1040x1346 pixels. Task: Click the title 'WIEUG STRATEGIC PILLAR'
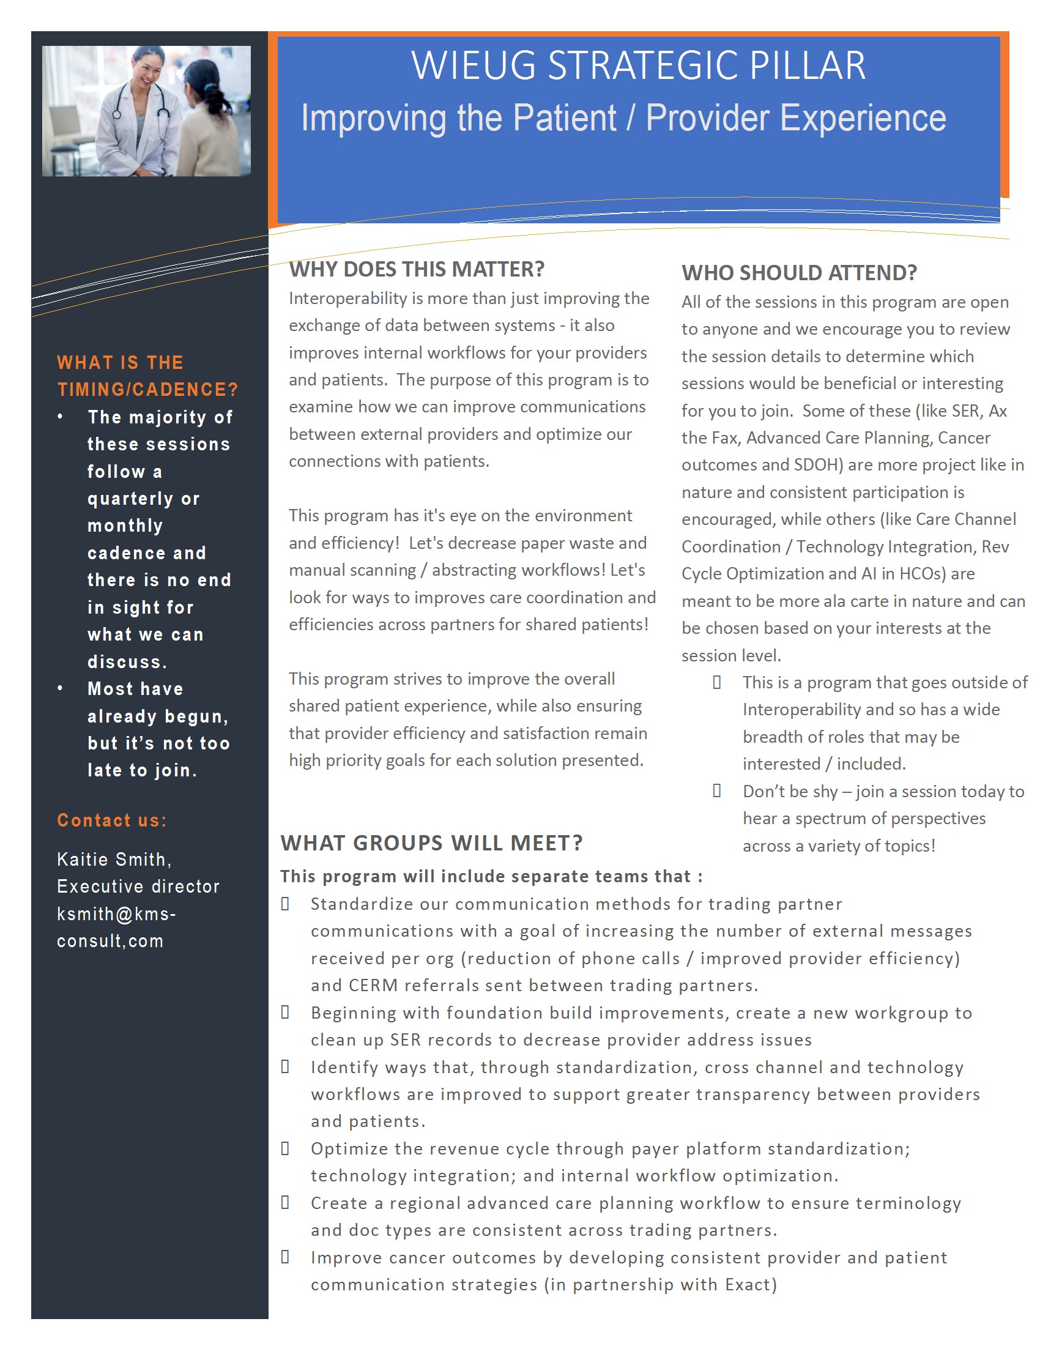pos(638,65)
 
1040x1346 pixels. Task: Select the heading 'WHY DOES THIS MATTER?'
pos(417,269)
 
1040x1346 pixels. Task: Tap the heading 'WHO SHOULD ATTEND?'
pos(799,272)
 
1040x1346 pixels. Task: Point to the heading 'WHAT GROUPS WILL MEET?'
pos(431,842)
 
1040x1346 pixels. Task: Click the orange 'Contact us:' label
pos(111,820)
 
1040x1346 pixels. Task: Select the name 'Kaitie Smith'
pos(113,859)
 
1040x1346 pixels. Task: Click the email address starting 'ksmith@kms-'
pos(116,913)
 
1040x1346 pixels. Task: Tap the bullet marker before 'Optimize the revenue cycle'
pos(285,1148)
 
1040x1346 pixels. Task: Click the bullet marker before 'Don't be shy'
pos(716,790)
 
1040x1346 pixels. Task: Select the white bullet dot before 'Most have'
pos(60,688)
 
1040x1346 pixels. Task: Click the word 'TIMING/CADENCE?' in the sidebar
pos(147,390)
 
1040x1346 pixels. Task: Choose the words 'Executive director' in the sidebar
pos(138,887)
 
